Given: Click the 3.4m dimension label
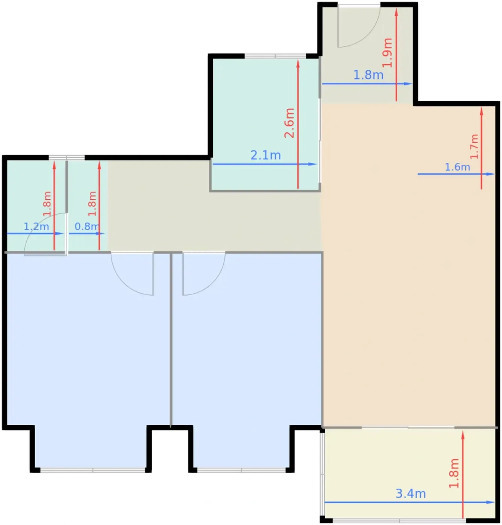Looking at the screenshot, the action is click(410, 493).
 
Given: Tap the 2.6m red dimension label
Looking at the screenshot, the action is click(289, 123).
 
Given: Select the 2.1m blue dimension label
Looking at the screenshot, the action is click(266, 155).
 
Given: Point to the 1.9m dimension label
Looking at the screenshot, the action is click(387, 52).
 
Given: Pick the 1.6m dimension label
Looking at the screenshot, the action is click(457, 167).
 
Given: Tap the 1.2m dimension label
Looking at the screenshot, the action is click(36, 226).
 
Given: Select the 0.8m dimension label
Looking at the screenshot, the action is click(87, 226).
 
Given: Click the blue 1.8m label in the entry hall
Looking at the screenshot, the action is click(368, 75).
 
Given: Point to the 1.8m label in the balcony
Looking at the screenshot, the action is click(454, 473).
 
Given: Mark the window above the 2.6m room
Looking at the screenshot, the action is click(275, 56).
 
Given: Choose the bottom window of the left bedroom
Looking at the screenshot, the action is click(93, 470).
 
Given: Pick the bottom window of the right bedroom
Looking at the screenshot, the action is click(241, 470).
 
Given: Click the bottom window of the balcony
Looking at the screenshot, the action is click(399, 520).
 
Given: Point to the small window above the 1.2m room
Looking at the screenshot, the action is click(67, 157).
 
